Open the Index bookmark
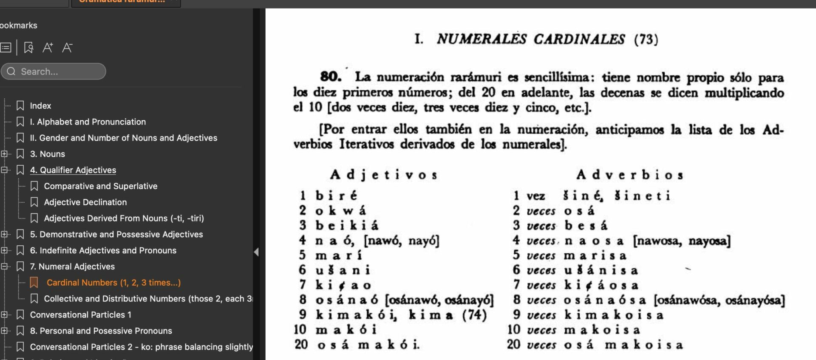click(40, 106)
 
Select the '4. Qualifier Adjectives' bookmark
click(73, 170)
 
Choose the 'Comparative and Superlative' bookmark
click(100, 186)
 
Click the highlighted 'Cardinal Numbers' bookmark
click(113, 283)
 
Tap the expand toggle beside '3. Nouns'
click(4, 154)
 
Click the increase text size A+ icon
click(48, 48)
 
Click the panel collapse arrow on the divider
click(256, 252)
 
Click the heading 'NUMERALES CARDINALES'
click(531, 40)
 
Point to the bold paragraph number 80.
click(331, 77)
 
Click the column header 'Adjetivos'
click(384, 175)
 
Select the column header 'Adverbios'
click(630, 175)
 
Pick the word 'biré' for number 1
click(336, 196)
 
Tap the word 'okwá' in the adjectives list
click(340, 210)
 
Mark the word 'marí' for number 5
click(339, 255)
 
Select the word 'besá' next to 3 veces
click(586, 225)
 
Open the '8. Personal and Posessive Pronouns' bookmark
click(101, 331)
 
